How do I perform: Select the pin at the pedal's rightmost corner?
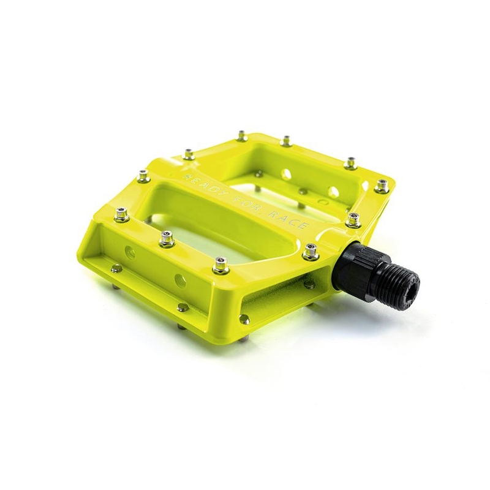381,186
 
